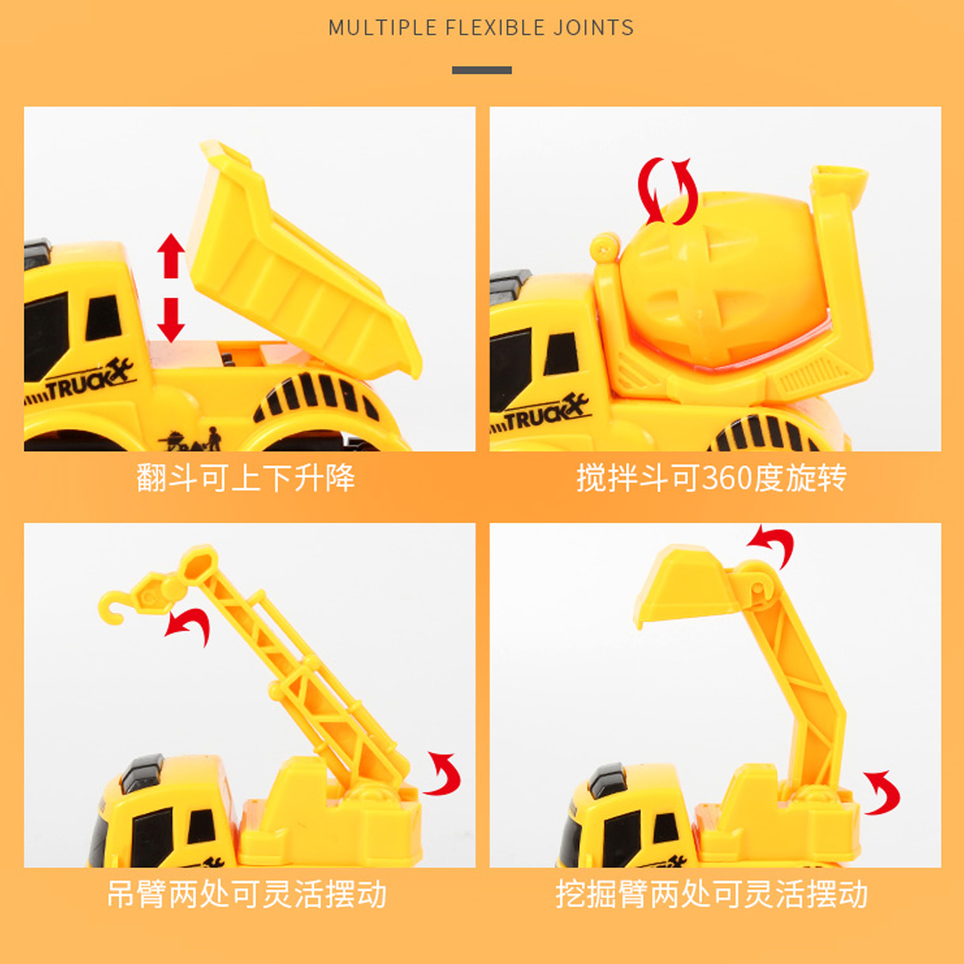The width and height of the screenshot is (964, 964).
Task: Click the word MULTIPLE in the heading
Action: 383,27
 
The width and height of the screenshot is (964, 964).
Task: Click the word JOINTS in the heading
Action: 593,27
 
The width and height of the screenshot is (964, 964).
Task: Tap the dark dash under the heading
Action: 482,70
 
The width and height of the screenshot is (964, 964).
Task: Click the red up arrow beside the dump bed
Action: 171,255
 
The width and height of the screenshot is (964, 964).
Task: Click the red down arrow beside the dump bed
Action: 171,320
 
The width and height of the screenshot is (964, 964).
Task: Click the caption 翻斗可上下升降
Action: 245,478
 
